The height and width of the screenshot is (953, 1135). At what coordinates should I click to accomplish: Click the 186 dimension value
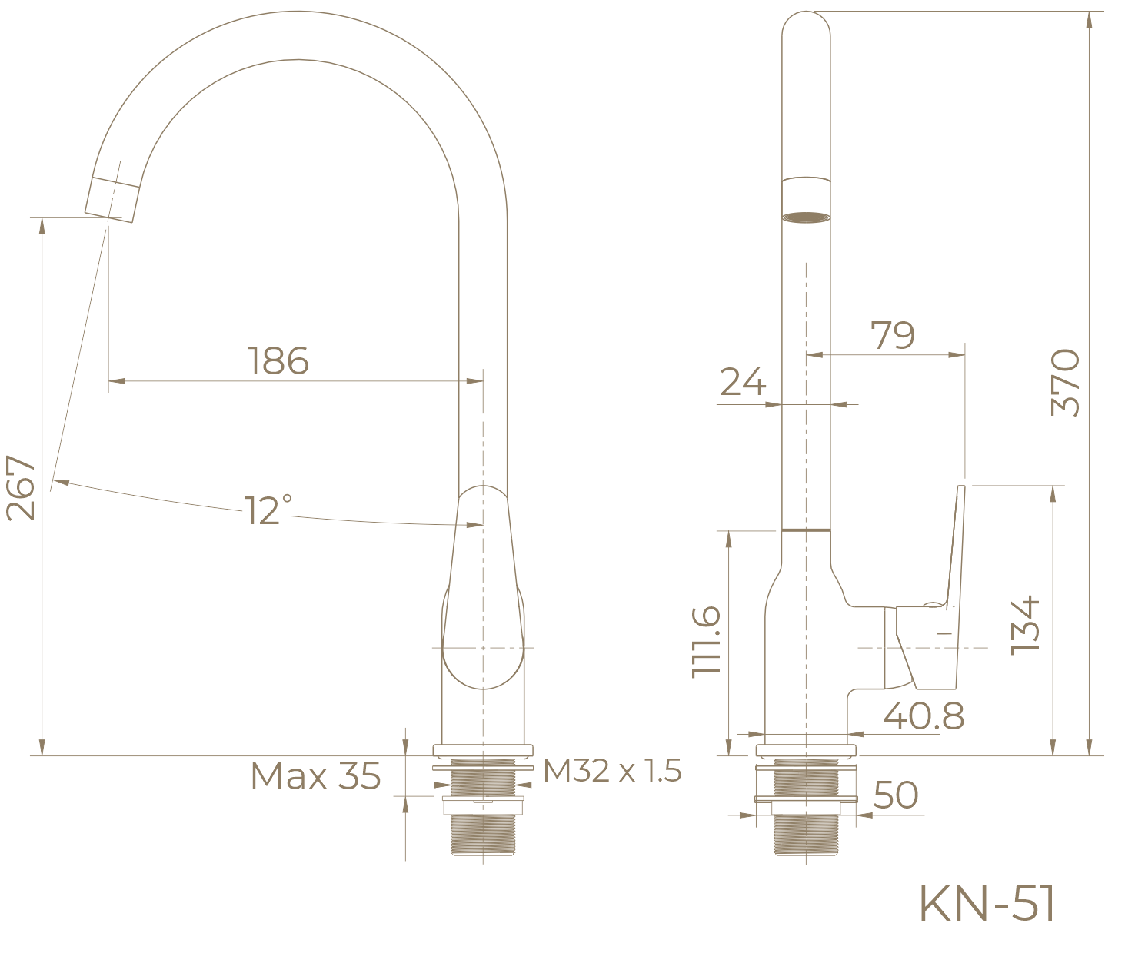[x=278, y=360]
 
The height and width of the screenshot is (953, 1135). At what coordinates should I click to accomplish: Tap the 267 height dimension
[x=21, y=487]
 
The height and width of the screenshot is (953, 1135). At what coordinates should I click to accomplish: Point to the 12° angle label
[x=268, y=510]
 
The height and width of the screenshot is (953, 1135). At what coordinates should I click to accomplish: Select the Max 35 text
[x=315, y=776]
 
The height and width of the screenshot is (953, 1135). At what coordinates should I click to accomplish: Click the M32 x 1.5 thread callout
[x=613, y=771]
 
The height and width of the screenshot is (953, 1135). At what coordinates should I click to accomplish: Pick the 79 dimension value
[x=893, y=335]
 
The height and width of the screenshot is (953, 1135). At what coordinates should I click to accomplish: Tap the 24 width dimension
[x=743, y=381]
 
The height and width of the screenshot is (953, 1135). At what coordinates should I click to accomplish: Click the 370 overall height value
[x=1066, y=383]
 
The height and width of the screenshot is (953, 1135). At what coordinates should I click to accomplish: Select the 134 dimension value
[x=1026, y=625]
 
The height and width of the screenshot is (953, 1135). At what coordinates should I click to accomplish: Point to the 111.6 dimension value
[x=706, y=641]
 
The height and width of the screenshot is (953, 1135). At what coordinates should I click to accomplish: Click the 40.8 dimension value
[x=923, y=717]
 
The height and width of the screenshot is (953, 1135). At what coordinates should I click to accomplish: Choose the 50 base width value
[x=896, y=795]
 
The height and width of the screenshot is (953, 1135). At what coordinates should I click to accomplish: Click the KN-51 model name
[x=987, y=904]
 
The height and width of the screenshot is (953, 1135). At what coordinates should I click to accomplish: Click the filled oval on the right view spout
[x=807, y=217]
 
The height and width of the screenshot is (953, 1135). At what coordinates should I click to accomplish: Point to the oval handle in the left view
[x=482, y=607]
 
